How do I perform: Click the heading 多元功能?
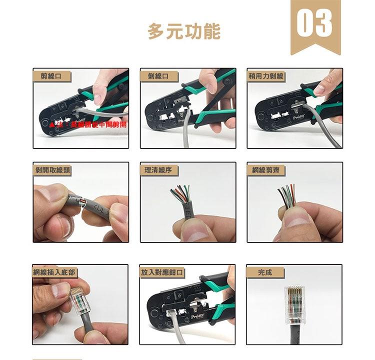coord(184,31)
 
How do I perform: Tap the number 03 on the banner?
coord(315,22)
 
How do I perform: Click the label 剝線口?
coord(159,76)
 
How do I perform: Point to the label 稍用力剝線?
coord(266,76)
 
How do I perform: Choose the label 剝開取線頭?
coord(52,170)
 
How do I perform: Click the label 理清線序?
coord(159,170)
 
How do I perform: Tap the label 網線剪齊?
coord(266,170)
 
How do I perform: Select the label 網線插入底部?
coord(55,272)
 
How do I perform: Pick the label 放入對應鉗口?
coord(162,272)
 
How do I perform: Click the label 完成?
coord(265,272)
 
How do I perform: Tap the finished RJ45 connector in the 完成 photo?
coord(294,305)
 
